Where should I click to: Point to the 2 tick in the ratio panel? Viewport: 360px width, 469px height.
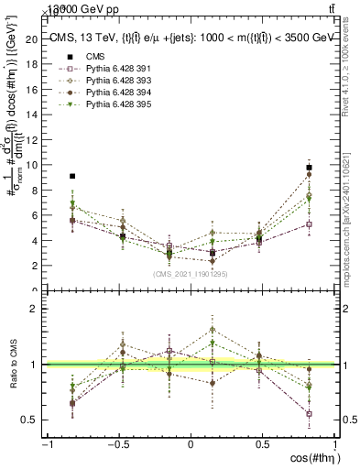pyautogui.click(x=40, y=309)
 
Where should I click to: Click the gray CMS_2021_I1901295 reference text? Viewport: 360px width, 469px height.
pyautogui.click(x=191, y=274)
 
